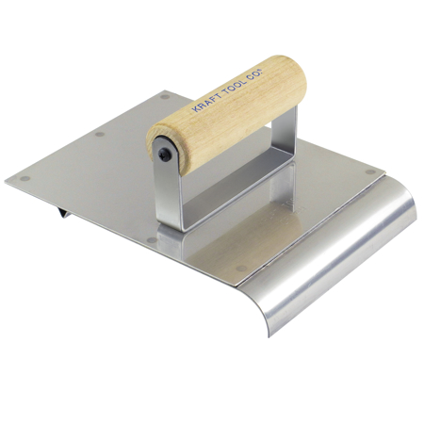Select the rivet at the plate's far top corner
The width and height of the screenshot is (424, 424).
coord(164,96)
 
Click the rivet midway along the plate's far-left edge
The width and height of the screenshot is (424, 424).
coord(99,134)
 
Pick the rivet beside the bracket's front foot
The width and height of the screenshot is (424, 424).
coord(151,239)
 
